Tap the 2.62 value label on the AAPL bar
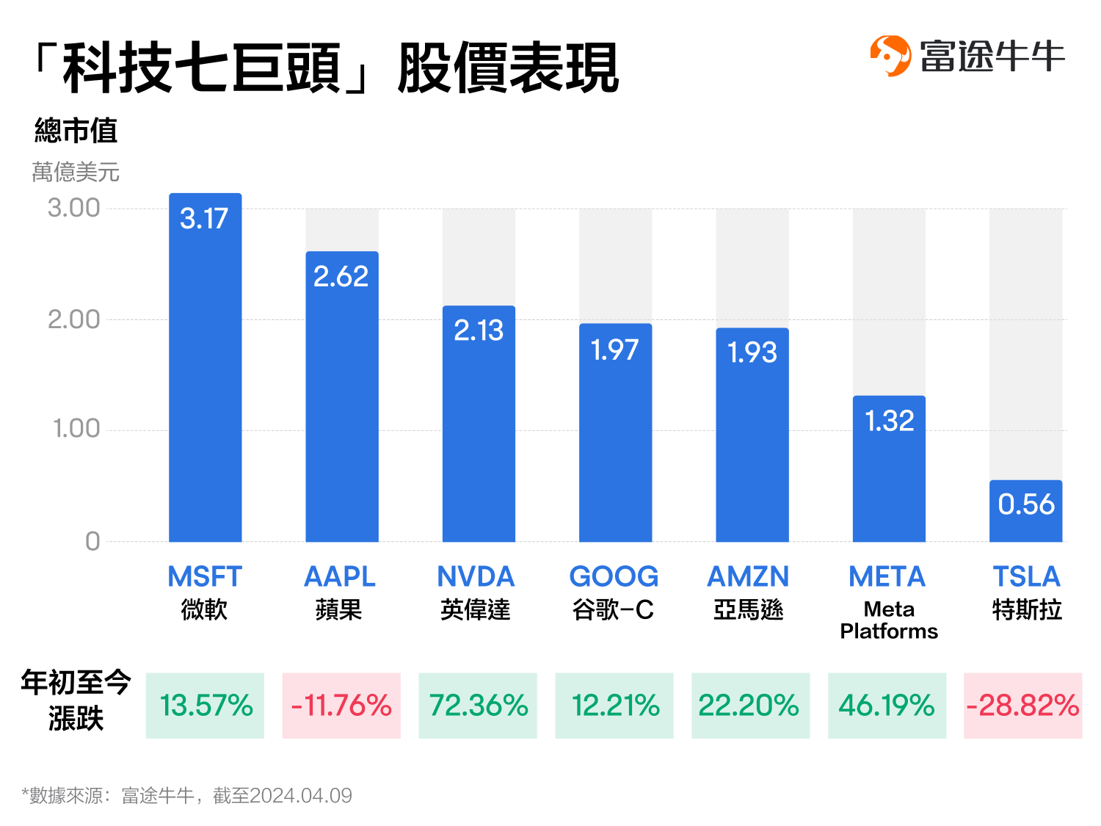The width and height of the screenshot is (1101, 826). coord(341,277)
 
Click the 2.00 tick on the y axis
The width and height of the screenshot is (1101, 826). coord(73,319)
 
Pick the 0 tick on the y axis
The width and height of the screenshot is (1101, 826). coord(92,542)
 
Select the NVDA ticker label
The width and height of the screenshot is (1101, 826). coord(476,577)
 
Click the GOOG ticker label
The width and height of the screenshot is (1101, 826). coord(614,577)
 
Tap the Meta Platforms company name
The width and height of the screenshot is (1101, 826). coord(889,620)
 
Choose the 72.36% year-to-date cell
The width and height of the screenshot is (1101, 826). coord(478,706)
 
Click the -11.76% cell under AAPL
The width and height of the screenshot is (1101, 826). coord(341,706)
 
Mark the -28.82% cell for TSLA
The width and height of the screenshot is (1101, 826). coord(1022,706)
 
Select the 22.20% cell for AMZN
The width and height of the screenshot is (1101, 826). coord(750,706)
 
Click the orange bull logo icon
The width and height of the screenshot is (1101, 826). coord(890,56)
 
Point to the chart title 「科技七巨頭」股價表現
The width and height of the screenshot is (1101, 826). coord(327,68)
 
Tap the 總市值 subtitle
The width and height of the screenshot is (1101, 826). coord(76,131)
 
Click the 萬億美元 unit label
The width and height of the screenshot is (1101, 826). coord(76,173)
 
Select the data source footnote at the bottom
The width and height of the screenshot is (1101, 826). coord(187,796)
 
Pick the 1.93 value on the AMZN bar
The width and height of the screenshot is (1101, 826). coord(752,353)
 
